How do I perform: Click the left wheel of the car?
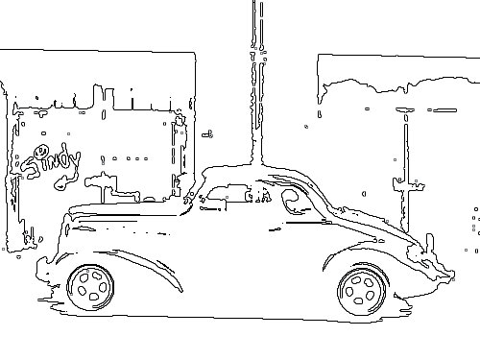point(92,284)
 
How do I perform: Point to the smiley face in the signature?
point(41,151)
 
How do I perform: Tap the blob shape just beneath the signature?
point(98,178)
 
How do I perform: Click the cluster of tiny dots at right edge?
point(475,221)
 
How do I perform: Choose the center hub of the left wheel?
point(92,284)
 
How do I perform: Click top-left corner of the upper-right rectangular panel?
point(319,57)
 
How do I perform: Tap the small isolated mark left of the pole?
point(206,132)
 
